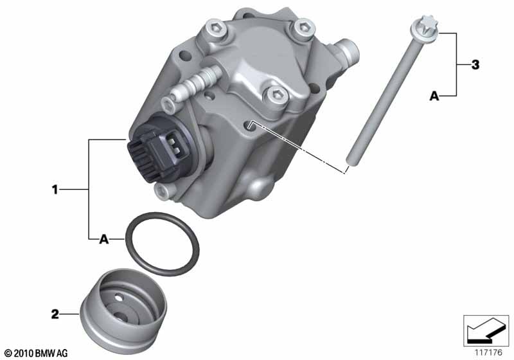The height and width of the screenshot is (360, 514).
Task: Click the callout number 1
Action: [55, 189]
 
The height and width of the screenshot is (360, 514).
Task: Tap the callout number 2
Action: [55, 314]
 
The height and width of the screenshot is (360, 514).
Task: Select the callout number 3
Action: [475, 64]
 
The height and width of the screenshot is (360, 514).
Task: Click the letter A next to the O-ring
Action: [103, 239]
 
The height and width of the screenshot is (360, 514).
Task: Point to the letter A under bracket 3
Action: [434, 96]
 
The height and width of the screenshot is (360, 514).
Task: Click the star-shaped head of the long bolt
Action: [425, 26]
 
